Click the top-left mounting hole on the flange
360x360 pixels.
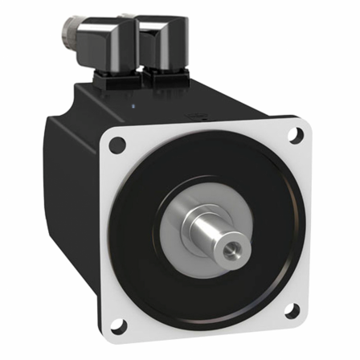117,145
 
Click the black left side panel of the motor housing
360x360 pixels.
68,185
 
